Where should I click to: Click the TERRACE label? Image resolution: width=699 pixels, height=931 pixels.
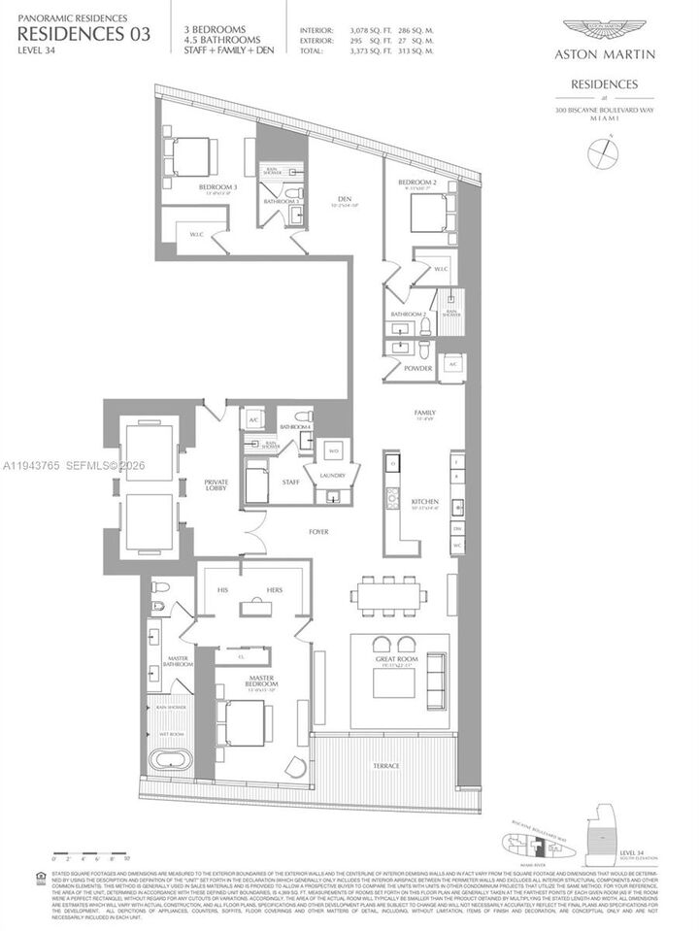coord(385,766)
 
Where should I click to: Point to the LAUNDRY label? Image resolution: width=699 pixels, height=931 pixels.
coord(331,476)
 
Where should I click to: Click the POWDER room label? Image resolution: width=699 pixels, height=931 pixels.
coord(419,368)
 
